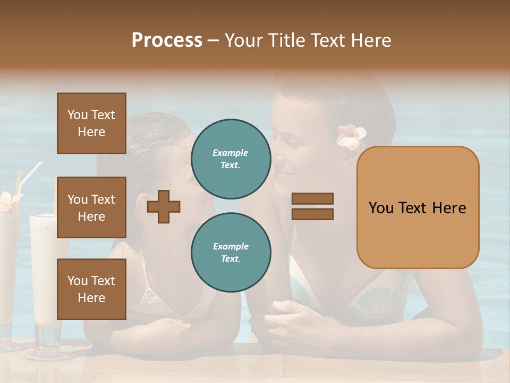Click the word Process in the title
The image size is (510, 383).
[x=167, y=40]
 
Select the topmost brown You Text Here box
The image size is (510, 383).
[x=91, y=123]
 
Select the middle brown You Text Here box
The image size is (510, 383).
[x=91, y=207]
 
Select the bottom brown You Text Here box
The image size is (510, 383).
[x=91, y=289]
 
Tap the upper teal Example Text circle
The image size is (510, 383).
[x=231, y=159]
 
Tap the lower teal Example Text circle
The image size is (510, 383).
[x=231, y=252]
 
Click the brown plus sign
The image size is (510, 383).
[x=163, y=207]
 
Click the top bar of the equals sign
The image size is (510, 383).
[x=312, y=199]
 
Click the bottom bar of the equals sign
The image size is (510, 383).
[x=312, y=214]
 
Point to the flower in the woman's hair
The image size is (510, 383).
[x=350, y=137]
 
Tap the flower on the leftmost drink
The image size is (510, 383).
[x=8, y=201]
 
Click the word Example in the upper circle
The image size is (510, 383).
[x=231, y=153]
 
